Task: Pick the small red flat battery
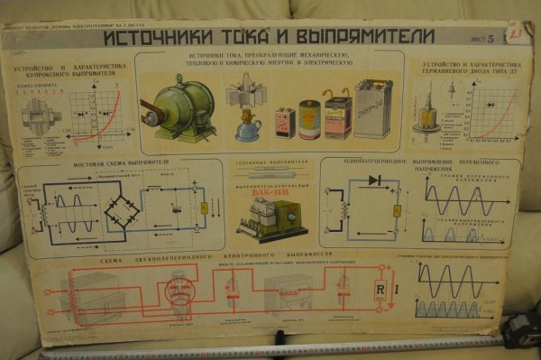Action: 286,122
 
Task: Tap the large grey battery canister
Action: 371,109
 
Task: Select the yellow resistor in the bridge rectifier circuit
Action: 204,209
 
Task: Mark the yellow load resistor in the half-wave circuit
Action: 396,211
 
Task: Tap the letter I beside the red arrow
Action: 399,290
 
